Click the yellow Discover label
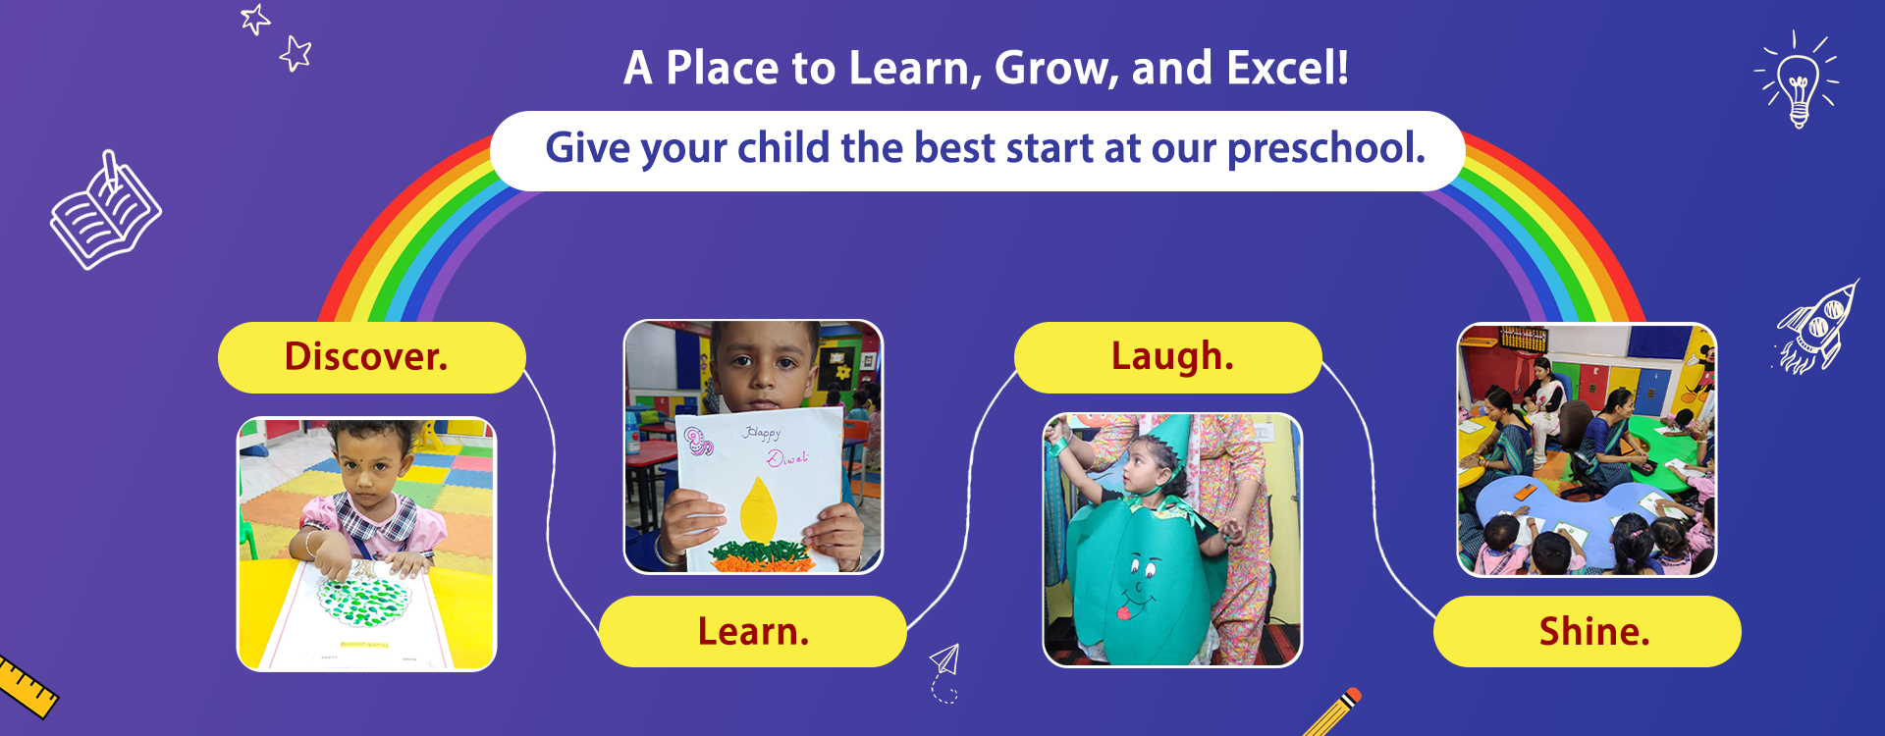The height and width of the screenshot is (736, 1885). [371, 357]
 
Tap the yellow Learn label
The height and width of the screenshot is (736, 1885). [753, 631]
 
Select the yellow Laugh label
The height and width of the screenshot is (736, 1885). [1168, 357]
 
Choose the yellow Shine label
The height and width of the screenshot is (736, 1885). [1588, 631]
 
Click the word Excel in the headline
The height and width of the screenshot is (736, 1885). [1287, 68]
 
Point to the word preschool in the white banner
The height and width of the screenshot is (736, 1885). [1326, 148]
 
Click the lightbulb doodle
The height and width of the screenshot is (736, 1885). [1797, 80]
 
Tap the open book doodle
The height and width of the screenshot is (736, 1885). [106, 212]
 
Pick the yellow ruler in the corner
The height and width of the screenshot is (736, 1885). [26, 686]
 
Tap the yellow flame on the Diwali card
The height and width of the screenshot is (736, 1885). [758, 507]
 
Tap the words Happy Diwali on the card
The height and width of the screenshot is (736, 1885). [776, 446]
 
